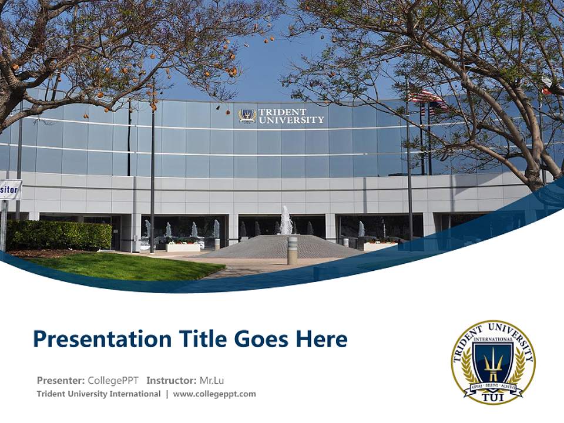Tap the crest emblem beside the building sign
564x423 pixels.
(x=247, y=116)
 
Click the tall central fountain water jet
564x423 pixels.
(x=286, y=220)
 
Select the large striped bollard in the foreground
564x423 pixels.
(x=292, y=250)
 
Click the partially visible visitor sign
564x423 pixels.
(x=10, y=190)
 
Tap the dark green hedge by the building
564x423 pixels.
(x=58, y=235)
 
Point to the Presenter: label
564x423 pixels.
(x=61, y=380)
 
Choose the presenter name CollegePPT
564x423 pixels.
(x=113, y=380)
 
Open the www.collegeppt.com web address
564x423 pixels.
(x=214, y=394)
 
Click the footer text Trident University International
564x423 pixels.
(x=98, y=394)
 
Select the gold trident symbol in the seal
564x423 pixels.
(x=493, y=364)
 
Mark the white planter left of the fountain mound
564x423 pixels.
(x=183, y=247)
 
